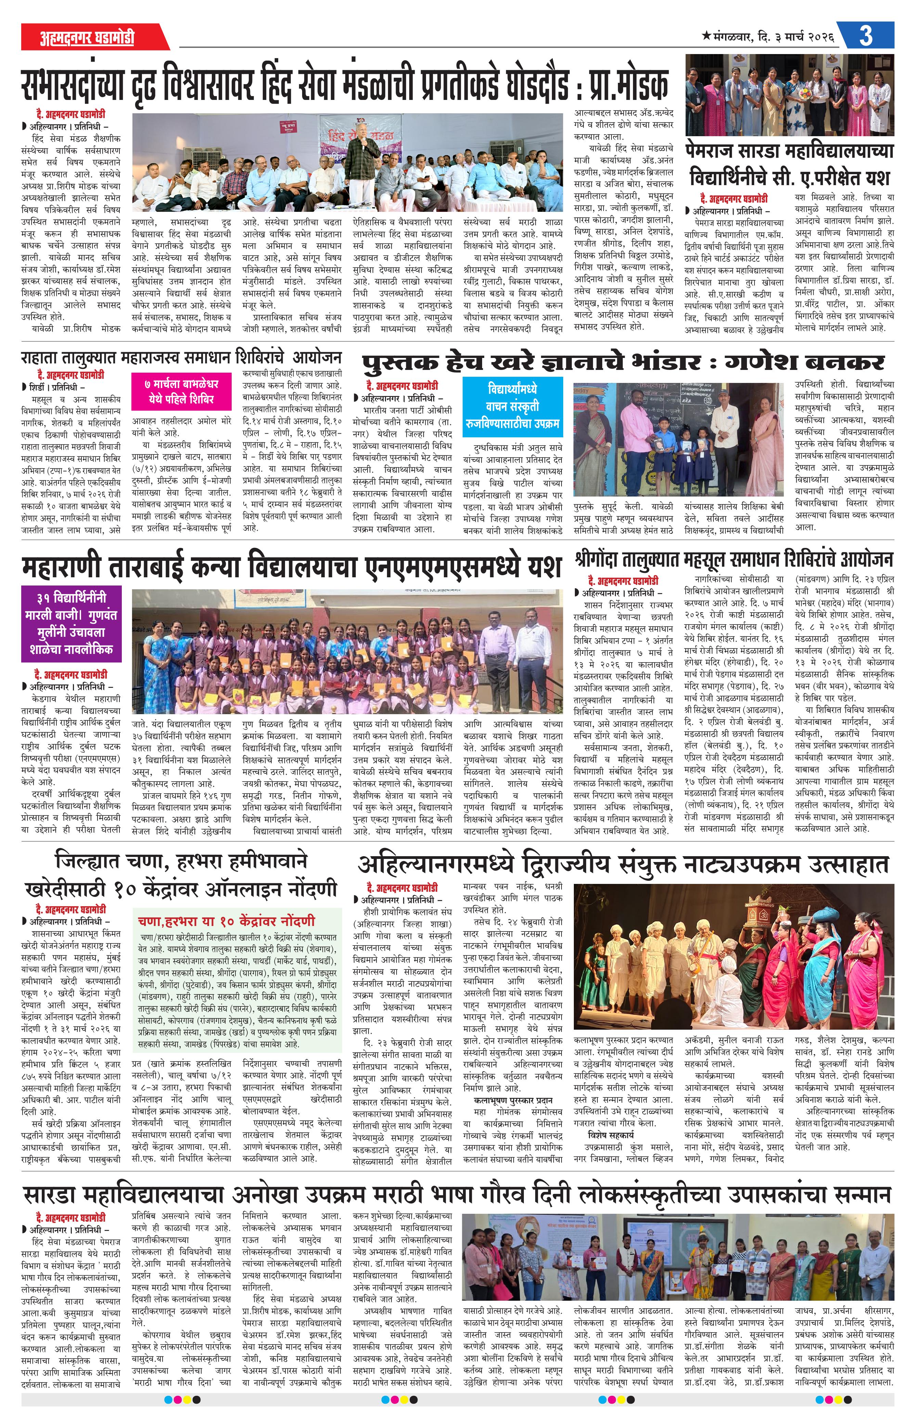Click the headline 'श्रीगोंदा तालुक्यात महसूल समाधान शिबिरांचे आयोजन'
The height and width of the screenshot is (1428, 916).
(x=733, y=559)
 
